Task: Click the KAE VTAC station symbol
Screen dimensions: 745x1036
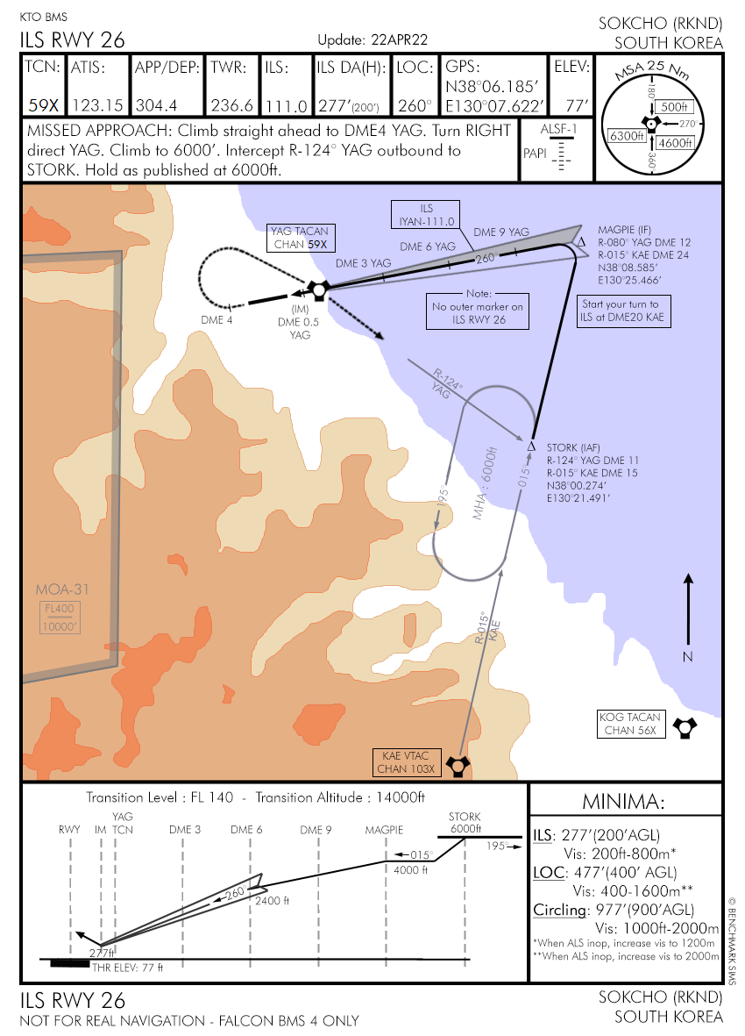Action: (x=458, y=766)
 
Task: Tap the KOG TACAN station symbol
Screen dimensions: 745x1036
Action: (x=685, y=727)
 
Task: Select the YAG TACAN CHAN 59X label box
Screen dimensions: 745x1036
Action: (x=300, y=238)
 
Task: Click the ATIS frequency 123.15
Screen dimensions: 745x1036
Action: (x=97, y=106)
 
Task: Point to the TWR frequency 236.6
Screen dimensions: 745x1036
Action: (x=232, y=106)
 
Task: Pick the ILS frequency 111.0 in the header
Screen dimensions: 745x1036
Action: (x=287, y=106)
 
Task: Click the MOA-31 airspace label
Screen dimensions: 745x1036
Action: (x=62, y=589)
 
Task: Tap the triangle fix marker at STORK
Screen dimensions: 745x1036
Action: (x=531, y=447)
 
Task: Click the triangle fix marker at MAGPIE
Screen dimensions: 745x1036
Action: (x=581, y=242)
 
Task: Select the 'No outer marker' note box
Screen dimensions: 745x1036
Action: (x=479, y=311)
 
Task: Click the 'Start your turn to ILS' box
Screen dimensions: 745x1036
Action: (x=622, y=311)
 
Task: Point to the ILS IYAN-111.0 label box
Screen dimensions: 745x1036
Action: (x=426, y=215)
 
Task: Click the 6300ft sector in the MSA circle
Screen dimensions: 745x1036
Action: (x=626, y=136)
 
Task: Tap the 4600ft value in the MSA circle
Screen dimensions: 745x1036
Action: (x=675, y=143)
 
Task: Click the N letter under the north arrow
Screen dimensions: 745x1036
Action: (x=688, y=657)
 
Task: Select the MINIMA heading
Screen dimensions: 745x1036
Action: (x=623, y=802)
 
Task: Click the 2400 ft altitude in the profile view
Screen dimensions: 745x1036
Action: (x=272, y=901)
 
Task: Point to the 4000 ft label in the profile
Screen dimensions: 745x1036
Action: (x=410, y=870)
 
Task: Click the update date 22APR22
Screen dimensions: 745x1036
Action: (x=399, y=39)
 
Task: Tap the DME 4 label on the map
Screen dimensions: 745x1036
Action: (x=216, y=320)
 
